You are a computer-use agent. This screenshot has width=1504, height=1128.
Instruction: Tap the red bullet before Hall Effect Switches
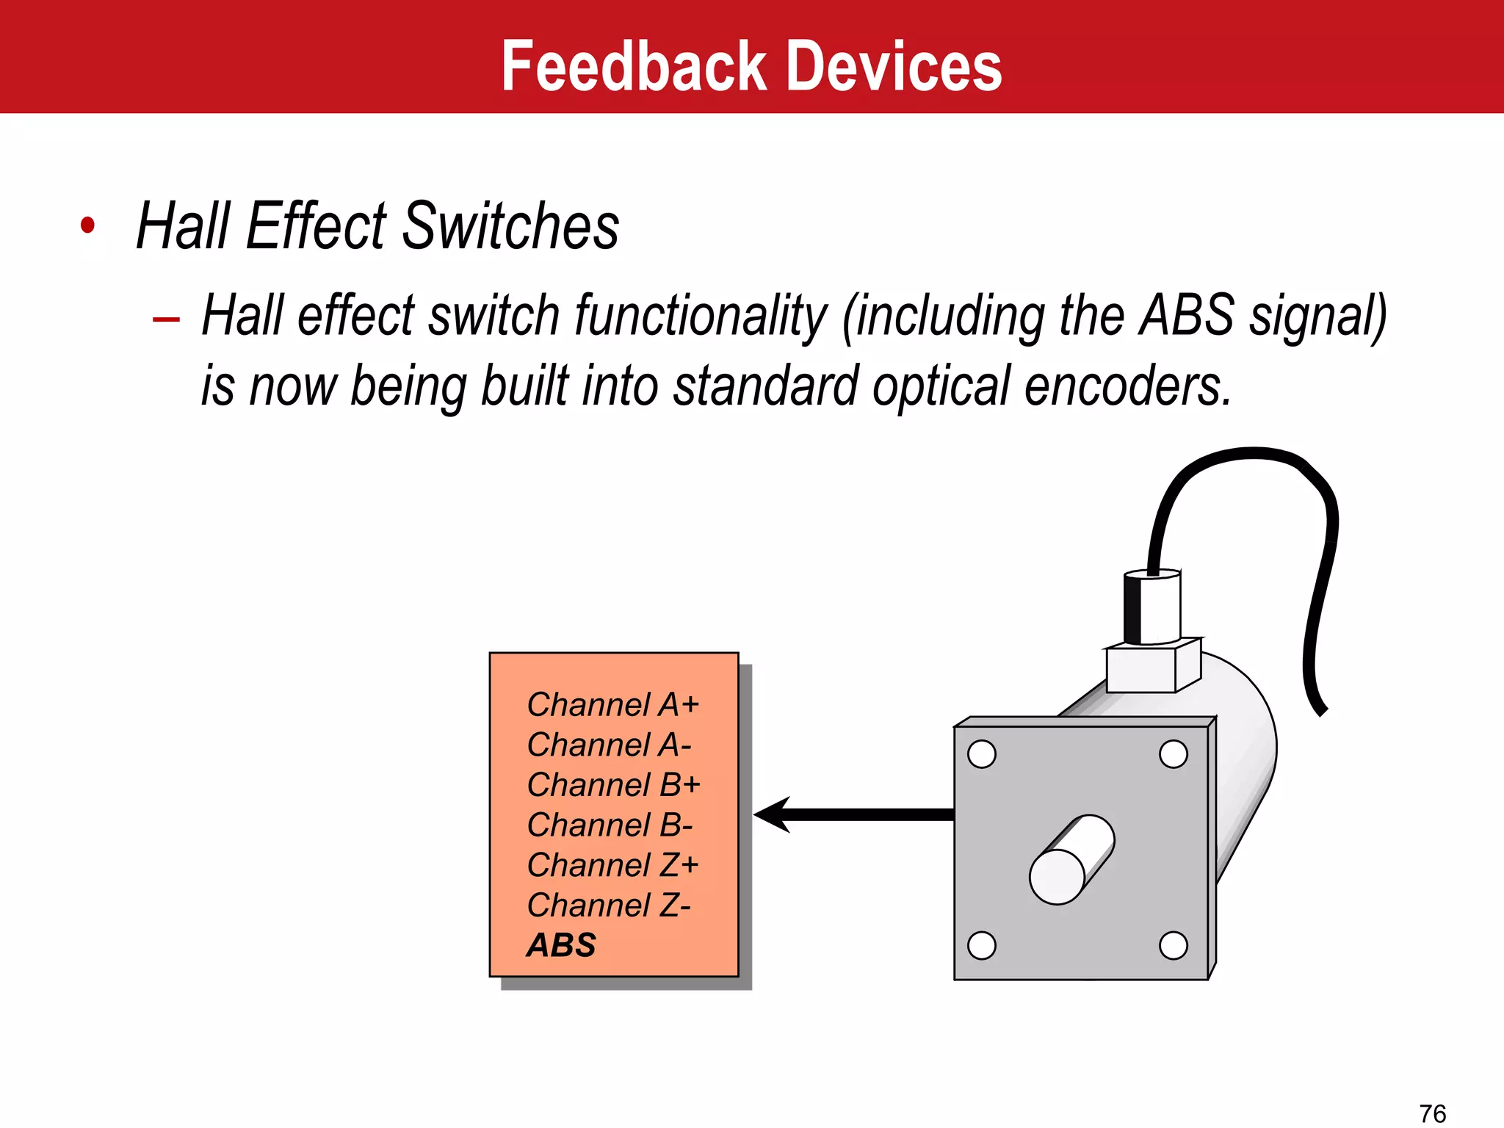pos(88,225)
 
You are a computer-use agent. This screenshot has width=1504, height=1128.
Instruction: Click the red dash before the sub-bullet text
pos(167,319)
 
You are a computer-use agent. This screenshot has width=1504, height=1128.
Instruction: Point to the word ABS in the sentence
pos(1187,316)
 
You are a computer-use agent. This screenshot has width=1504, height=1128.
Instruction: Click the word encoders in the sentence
pos(1127,386)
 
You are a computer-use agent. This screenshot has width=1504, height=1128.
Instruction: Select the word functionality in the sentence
pos(701,316)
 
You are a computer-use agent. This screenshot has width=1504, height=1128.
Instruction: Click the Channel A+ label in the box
pos(612,704)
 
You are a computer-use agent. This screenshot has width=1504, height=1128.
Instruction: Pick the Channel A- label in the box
pos(609,745)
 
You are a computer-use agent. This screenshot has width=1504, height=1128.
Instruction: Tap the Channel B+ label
pos(613,784)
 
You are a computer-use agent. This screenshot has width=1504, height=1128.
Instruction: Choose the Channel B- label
pos(610,825)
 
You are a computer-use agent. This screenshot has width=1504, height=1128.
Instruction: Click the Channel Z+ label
pos(612,864)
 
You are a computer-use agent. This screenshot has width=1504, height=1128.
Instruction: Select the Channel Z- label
pos(609,905)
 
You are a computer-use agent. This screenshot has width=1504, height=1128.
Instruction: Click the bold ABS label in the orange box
pos(562,945)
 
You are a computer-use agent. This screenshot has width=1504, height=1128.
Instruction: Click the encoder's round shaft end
pos(1057,877)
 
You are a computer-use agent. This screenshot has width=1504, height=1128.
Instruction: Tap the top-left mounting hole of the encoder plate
pos(982,754)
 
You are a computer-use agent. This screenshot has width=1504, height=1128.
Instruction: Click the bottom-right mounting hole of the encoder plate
pos(1173,945)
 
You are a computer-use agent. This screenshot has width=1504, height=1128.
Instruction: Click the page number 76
pos(1432,1113)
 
